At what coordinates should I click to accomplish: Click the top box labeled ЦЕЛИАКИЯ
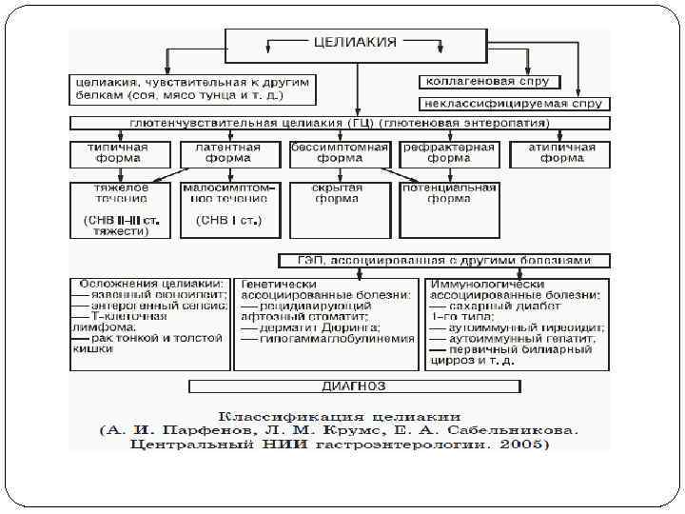[357, 42]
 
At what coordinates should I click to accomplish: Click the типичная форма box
[118, 153]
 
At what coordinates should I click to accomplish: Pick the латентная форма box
[228, 153]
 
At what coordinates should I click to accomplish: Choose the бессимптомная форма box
[339, 153]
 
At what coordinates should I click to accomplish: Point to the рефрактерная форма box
[449, 153]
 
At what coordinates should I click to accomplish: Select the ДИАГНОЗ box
[355, 385]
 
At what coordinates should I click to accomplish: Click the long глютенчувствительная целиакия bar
[340, 124]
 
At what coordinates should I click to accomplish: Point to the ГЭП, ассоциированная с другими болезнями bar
[444, 260]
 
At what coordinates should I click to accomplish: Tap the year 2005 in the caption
[526, 444]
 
